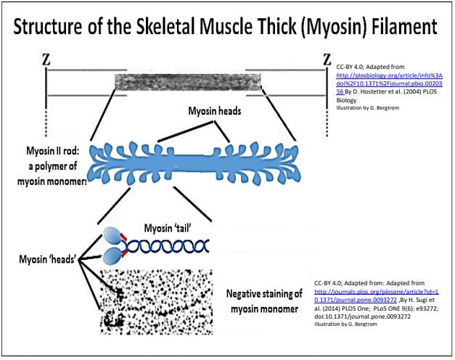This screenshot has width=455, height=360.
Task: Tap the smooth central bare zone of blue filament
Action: (x=190, y=156)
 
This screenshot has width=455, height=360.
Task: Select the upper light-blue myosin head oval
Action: (x=110, y=234)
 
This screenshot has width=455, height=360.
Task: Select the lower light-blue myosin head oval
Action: (x=110, y=255)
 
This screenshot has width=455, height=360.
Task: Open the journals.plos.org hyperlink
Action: (x=369, y=292)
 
